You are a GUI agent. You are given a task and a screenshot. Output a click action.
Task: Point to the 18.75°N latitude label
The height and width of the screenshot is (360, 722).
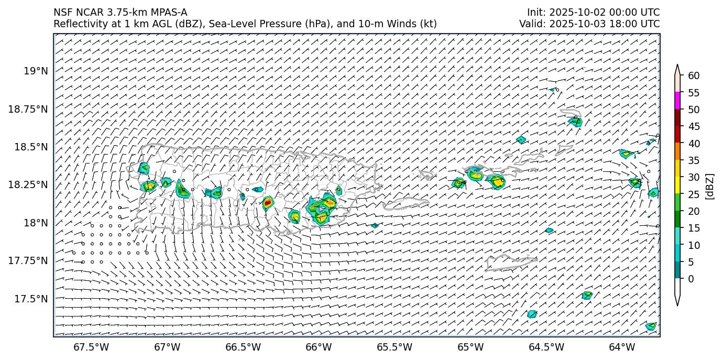[x=28, y=109]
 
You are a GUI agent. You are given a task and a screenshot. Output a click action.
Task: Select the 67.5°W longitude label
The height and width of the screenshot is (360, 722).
[x=91, y=347]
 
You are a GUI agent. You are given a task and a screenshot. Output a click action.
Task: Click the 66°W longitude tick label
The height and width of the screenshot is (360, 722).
[x=319, y=347]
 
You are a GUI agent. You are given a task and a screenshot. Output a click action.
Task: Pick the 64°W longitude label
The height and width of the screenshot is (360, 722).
[x=622, y=347]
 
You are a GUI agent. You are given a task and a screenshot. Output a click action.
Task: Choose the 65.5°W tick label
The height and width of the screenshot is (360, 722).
[x=395, y=347]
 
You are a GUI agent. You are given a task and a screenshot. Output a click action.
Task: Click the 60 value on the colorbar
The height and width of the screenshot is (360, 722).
[x=693, y=76]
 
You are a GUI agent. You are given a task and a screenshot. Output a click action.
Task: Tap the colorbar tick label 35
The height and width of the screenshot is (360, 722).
[x=693, y=160]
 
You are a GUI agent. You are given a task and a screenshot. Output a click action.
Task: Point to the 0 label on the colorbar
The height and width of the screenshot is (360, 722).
[x=691, y=279]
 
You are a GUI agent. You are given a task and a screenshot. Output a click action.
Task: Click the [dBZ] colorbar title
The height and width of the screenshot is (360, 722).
[x=710, y=186]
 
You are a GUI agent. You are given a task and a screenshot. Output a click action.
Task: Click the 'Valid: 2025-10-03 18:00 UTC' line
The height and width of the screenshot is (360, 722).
[x=589, y=24]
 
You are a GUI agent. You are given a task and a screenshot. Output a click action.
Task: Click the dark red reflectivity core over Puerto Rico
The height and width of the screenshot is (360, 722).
[x=267, y=202]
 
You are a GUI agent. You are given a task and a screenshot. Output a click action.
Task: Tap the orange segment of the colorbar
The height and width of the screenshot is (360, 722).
[x=677, y=151]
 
